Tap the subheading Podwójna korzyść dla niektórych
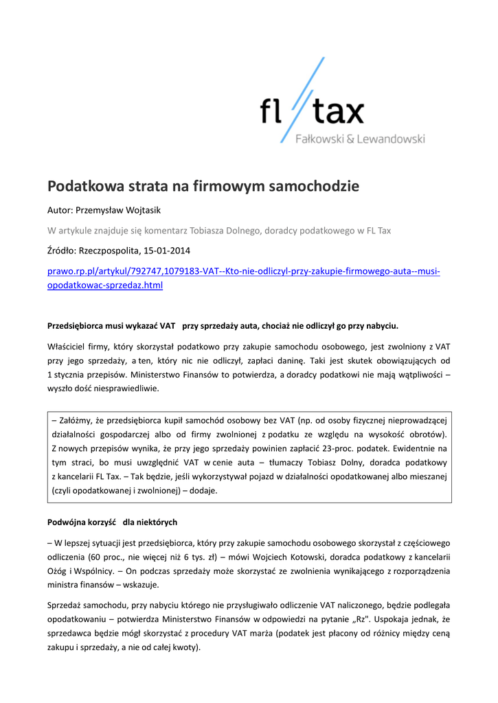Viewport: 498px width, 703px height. [112, 522]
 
